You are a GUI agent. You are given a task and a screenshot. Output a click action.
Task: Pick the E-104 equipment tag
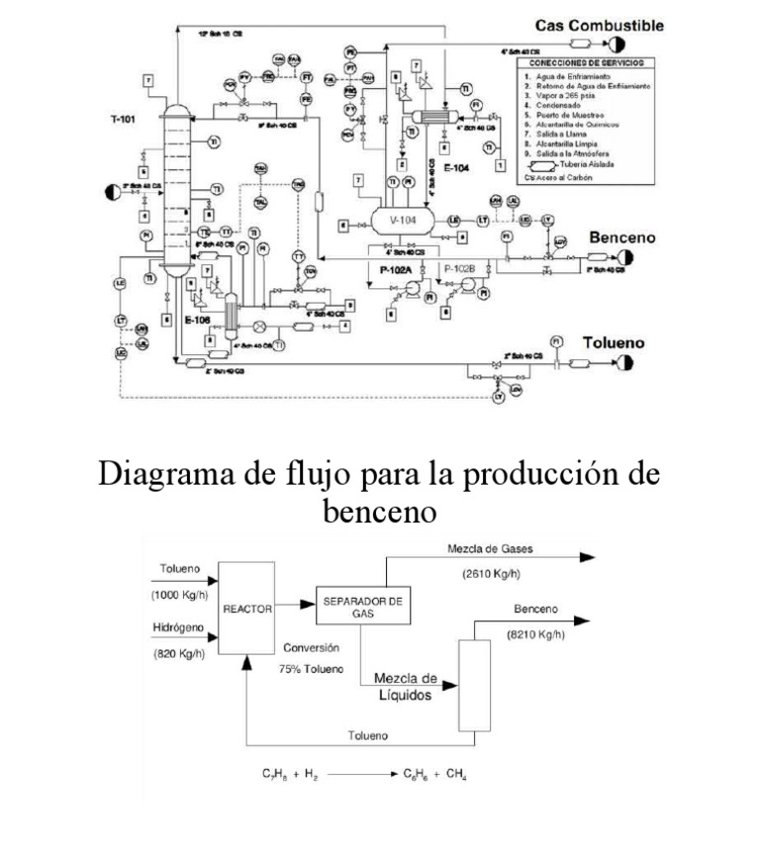pos(458,169)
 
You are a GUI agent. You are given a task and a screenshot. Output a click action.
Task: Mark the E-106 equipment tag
pos(197,320)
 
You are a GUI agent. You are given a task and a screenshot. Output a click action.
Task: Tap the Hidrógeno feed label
pos(179,627)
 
